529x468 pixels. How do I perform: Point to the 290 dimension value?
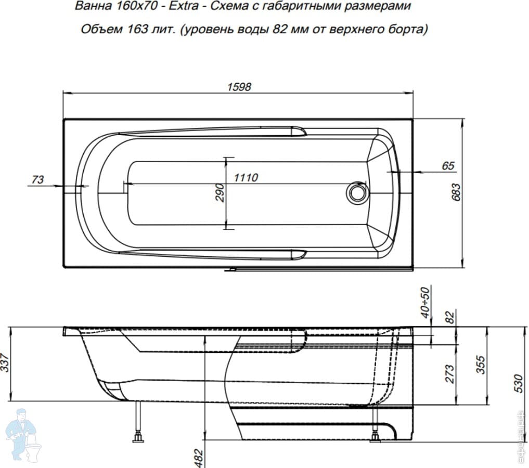(220, 193)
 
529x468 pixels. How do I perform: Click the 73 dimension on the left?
(37, 180)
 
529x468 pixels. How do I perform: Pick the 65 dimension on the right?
(448, 166)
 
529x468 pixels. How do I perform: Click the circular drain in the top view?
(357, 192)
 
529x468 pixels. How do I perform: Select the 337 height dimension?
(5, 362)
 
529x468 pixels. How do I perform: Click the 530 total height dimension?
(516, 383)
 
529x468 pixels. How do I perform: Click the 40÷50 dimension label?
(426, 302)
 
